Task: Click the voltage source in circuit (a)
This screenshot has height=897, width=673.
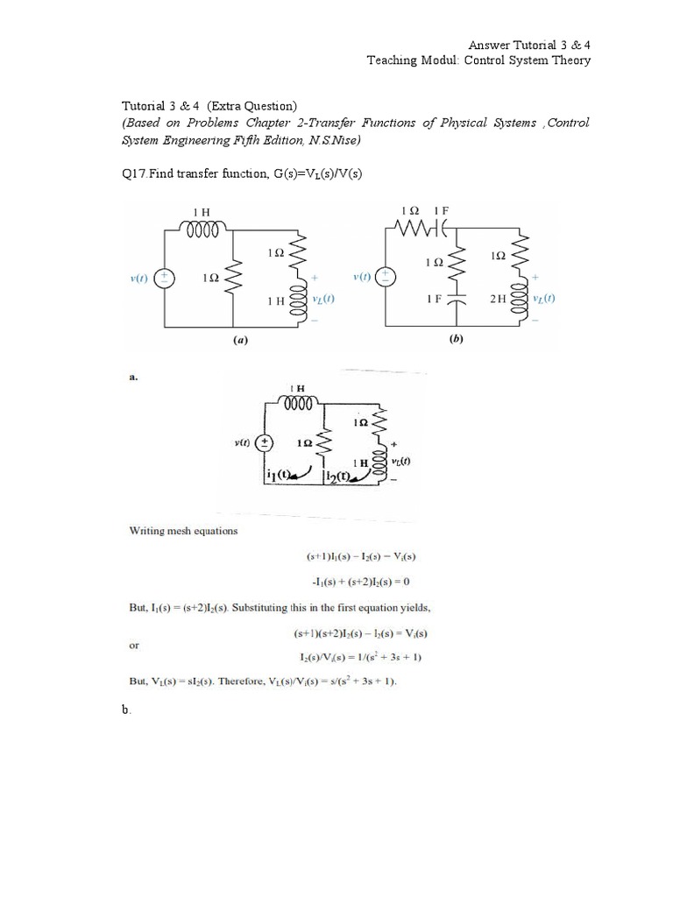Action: click(164, 278)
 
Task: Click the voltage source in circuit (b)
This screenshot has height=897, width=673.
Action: click(386, 278)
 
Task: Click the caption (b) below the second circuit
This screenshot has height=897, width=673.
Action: click(455, 342)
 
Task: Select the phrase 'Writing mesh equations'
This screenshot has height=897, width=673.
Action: click(183, 531)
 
